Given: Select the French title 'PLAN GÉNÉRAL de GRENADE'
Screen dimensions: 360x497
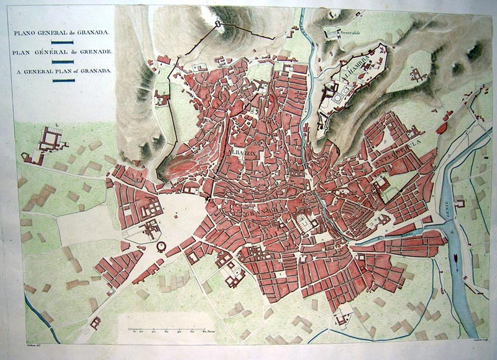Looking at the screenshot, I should (60, 52).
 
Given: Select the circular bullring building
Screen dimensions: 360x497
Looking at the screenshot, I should (162, 247).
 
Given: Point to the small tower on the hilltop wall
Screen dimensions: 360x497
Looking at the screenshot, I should (218, 24).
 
